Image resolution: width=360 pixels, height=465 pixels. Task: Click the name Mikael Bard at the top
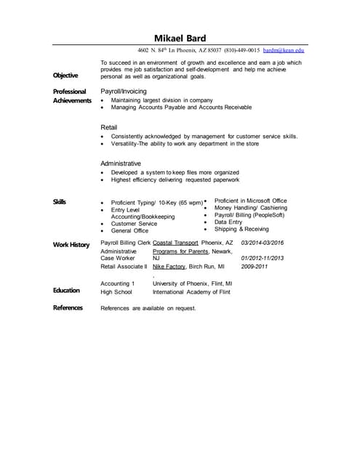(180, 38)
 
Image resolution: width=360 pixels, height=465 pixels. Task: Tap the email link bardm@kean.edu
(284, 51)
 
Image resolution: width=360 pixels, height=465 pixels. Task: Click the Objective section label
(65, 76)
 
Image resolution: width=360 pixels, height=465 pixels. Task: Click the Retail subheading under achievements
(108, 127)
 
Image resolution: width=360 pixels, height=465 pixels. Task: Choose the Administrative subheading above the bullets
(121, 163)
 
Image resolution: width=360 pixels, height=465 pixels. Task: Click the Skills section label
(60, 201)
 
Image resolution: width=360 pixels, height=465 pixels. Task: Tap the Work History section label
(71, 244)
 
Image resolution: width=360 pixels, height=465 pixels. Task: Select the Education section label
(66, 291)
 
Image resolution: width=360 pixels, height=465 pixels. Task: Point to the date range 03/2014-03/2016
(262, 242)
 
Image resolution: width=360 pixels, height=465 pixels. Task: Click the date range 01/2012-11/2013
(262, 258)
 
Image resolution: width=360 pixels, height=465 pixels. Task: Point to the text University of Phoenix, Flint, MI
(192, 283)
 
